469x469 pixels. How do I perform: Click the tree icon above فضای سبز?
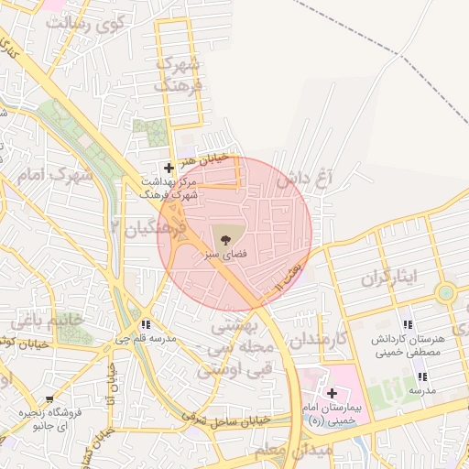click(x=226, y=234)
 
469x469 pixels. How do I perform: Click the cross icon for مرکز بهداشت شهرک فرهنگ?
click(x=168, y=168)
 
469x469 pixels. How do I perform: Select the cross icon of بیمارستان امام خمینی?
click(x=332, y=392)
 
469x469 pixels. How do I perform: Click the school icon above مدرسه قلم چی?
click(x=146, y=324)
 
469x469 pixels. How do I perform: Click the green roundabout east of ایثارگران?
click(x=446, y=294)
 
